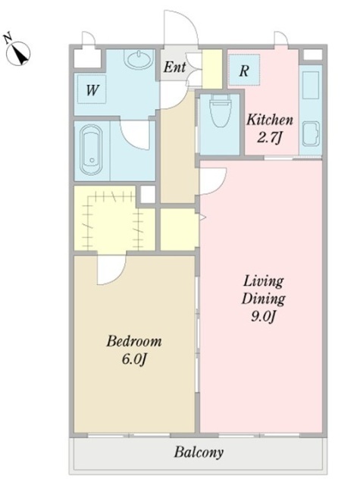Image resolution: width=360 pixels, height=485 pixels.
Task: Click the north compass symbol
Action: click(18, 52)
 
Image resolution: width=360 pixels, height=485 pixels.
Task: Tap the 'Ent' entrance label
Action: click(174, 67)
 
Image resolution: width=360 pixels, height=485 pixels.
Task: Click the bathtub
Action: click(91, 150)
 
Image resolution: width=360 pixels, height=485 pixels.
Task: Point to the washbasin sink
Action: click(138, 58)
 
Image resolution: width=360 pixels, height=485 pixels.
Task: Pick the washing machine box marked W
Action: click(92, 89)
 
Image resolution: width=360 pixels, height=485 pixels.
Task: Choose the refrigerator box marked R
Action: click(244, 70)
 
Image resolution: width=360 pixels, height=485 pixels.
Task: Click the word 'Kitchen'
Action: click(270, 120)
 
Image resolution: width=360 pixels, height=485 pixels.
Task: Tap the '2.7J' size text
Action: click(269, 137)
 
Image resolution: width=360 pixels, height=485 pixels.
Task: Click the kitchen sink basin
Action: click(311, 133)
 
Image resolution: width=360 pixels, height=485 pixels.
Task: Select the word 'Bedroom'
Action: click(134, 341)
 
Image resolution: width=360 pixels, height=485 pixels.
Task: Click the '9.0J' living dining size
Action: click(262, 317)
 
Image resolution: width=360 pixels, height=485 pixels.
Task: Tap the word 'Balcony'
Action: click(199, 452)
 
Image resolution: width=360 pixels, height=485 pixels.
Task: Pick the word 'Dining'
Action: click(264, 299)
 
